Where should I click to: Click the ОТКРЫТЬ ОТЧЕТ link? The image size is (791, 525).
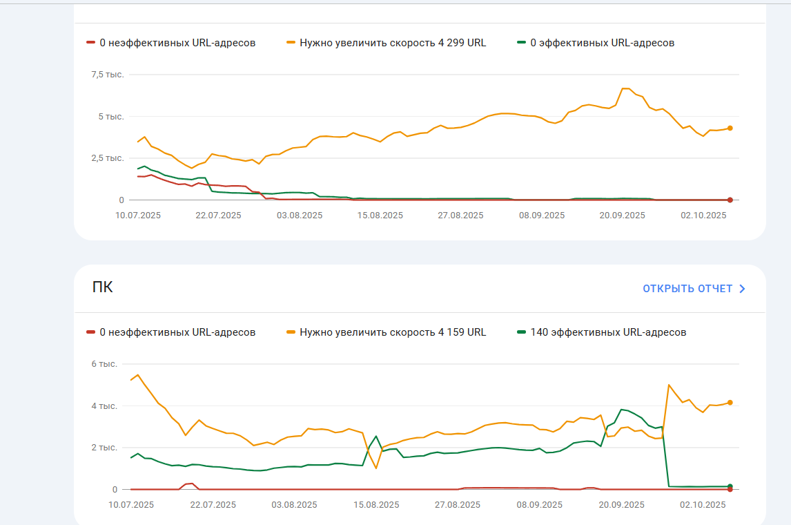687,289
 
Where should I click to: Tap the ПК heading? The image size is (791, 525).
103,287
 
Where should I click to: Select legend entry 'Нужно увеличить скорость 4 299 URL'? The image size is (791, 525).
392,43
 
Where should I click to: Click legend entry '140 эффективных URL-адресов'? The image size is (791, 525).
608,332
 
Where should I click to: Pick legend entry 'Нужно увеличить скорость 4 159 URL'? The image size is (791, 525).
392,332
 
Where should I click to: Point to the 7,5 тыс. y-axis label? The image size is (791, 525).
107,75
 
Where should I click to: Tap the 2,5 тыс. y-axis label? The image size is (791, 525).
107,158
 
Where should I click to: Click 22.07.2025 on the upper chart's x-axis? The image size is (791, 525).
218,216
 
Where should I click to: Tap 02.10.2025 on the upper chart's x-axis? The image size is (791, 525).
703,216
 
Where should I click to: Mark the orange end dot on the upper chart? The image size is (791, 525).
730,128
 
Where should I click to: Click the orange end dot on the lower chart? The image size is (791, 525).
730,402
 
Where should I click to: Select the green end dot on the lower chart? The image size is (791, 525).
730,486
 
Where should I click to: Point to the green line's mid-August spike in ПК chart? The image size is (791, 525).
375,437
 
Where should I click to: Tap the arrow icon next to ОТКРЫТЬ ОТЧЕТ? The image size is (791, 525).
743,289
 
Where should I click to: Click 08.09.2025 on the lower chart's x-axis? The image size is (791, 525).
539,505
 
